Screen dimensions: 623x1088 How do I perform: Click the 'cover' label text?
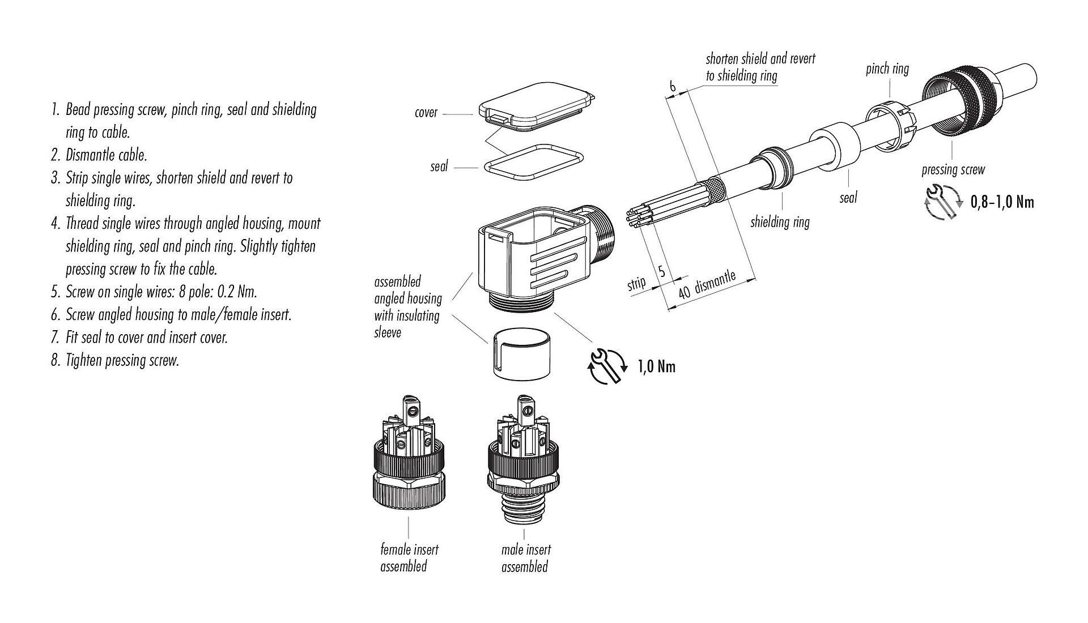tap(426, 112)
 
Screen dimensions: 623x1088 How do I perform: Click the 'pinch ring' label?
tap(887, 69)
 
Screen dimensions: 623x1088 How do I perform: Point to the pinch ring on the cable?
tap(889, 127)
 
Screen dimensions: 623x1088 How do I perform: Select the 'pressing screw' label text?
tap(953, 169)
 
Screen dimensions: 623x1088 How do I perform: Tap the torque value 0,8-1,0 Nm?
tap(1002, 202)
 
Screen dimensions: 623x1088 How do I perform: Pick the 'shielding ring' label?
tap(780, 222)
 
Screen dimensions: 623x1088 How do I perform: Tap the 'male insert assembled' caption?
tap(525, 558)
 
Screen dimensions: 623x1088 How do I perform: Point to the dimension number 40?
tap(684, 292)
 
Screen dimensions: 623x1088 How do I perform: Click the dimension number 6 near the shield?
tap(672, 87)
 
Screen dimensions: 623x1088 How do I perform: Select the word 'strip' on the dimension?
tap(636, 283)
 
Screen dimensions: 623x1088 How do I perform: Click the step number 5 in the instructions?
tap(55, 292)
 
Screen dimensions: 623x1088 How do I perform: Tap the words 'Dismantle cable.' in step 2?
tap(106, 155)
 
